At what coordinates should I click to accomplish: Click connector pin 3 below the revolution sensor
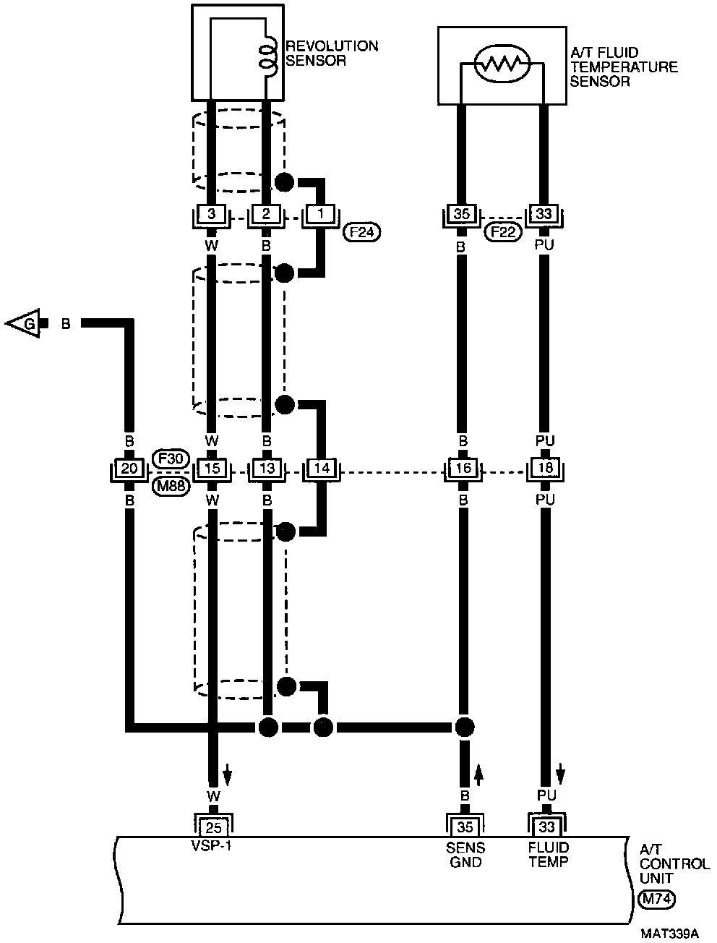click(211, 214)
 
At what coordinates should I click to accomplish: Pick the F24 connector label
click(361, 232)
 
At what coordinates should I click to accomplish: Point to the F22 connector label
click(502, 232)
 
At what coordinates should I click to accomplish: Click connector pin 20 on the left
click(129, 469)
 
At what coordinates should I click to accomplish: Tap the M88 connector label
click(171, 486)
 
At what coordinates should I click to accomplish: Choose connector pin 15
click(212, 469)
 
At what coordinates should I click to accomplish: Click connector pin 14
click(322, 469)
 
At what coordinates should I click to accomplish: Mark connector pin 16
click(463, 469)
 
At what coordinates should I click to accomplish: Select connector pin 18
click(546, 469)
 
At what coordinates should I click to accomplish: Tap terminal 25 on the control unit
click(213, 826)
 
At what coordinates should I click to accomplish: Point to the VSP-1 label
click(212, 848)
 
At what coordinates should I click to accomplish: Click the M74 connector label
click(656, 899)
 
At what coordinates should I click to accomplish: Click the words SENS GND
click(465, 855)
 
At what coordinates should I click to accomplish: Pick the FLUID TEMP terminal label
click(548, 855)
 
